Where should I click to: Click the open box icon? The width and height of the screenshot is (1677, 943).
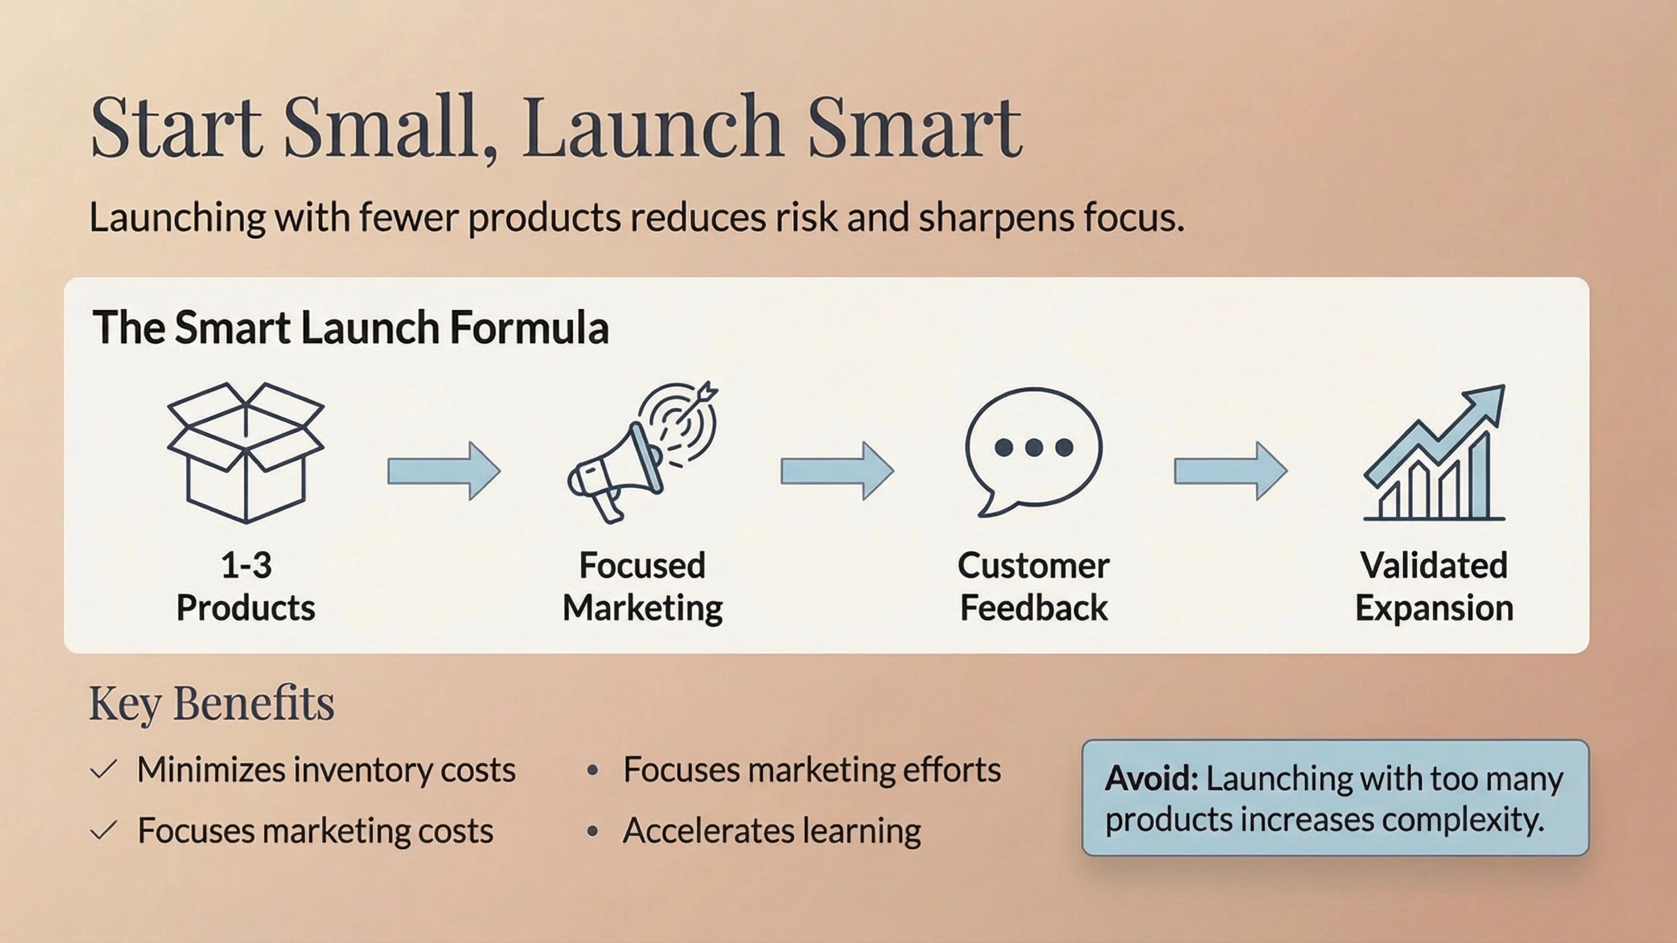tap(245, 453)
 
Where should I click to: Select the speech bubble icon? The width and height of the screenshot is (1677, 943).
tap(1033, 449)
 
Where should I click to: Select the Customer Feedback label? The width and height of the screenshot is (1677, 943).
tap(1033, 586)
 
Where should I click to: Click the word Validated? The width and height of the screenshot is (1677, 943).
tap(1433, 565)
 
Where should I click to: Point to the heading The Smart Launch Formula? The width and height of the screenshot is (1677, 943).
tap(350, 327)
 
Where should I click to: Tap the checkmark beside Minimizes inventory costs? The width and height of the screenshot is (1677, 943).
tap(104, 770)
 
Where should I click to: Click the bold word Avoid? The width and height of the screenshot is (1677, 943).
tap(1151, 778)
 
